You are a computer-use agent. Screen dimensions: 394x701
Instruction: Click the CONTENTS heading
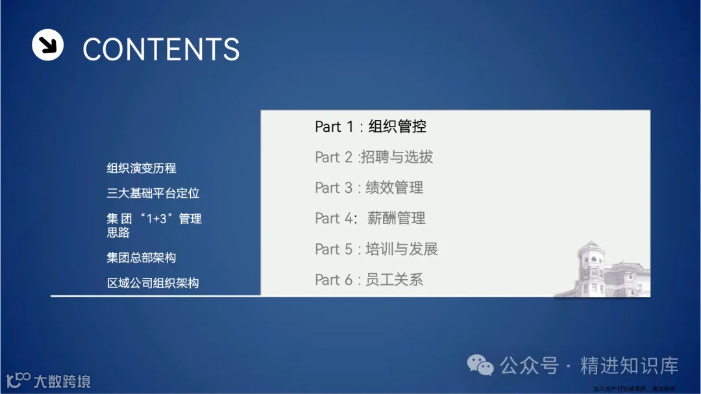(x=161, y=49)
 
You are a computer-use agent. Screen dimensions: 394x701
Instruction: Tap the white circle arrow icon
(x=47, y=45)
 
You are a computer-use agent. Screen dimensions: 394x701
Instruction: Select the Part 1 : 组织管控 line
(x=371, y=127)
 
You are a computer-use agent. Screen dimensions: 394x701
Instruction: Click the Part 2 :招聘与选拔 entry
(x=374, y=157)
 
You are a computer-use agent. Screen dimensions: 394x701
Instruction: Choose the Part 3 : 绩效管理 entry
(x=369, y=188)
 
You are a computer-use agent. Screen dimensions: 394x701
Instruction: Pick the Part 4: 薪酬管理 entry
(x=371, y=218)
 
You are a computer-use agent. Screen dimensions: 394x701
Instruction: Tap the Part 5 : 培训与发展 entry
(x=376, y=249)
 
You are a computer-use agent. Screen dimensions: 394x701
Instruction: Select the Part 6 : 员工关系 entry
(x=369, y=280)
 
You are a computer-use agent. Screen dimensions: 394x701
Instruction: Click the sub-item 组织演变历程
(x=141, y=168)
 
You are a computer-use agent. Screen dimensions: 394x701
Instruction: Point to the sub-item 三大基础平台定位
(x=153, y=193)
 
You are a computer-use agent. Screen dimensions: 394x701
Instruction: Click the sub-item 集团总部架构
(x=141, y=258)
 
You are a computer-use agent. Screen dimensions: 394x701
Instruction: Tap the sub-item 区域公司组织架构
(x=153, y=283)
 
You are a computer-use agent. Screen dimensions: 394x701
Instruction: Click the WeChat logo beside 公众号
(x=481, y=365)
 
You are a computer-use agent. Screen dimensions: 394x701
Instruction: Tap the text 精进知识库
(x=629, y=365)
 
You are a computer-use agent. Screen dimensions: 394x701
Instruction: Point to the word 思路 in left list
(x=118, y=232)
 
